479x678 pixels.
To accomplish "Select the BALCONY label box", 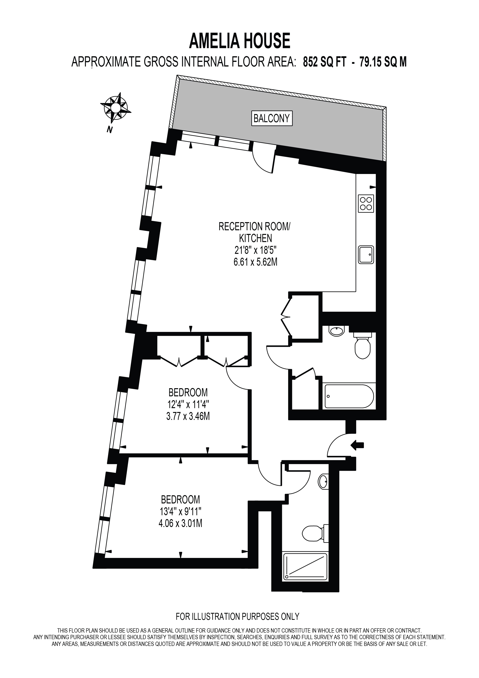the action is tap(272, 119).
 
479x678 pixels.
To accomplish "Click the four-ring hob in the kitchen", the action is tap(366, 203).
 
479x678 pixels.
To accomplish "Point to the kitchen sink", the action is tap(366, 255).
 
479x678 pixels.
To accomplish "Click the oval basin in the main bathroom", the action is tap(336, 331).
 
